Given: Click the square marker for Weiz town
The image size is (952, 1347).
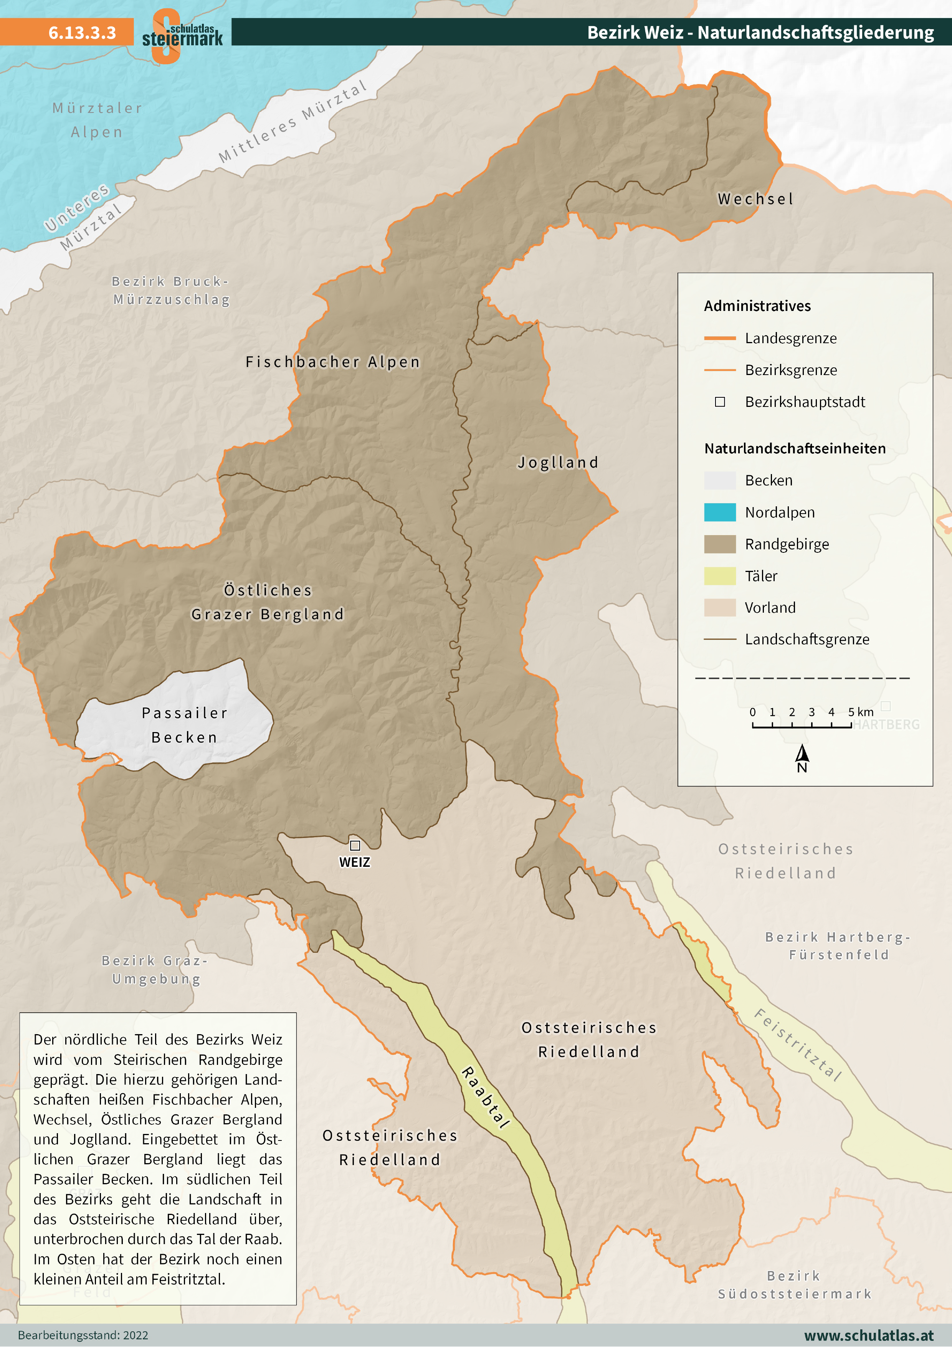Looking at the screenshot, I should tap(355, 845).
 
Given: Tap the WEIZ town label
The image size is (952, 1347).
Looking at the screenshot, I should tap(355, 863).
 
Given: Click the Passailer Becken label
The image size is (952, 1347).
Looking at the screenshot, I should tap(185, 725).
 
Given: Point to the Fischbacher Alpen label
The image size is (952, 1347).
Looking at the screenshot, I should tap(332, 362).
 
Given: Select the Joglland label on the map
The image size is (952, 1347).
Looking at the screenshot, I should tap(558, 463).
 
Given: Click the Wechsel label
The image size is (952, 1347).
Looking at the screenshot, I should tap(755, 200).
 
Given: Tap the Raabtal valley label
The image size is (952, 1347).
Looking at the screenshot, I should tap(486, 1097).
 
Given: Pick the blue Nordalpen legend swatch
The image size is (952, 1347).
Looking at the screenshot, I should tap(720, 512).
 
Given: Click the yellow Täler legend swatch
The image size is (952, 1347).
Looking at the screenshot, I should tap(720, 576).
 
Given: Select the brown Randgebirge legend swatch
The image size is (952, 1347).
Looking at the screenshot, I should tap(720, 544).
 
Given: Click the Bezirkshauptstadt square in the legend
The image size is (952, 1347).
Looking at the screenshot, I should tap(720, 402).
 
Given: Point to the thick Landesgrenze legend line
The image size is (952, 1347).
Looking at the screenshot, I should tap(720, 338).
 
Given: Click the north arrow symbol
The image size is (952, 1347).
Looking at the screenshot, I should tap(802, 754).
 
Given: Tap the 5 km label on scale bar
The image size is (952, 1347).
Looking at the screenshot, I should tap(861, 712).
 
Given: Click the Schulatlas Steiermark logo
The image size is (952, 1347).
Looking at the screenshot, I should tap(182, 35).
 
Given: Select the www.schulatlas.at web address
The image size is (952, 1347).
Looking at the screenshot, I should tap(869, 1335).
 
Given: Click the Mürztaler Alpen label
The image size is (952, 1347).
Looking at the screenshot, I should tap(97, 120).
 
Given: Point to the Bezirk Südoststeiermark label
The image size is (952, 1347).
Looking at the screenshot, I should tap(795, 1285).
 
